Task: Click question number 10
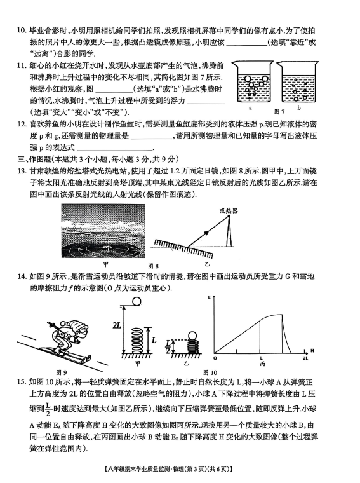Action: click(x=22, y=31)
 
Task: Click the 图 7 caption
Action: click(x=279, y=111)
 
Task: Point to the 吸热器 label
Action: click(x=229, y=211)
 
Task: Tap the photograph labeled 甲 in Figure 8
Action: click(x=103, y=231)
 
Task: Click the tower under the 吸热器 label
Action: click(x=229, y=231)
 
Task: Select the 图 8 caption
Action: click(x=153, y=266)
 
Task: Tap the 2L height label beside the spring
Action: click(x=117, y=325)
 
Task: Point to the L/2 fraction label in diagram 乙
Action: click(x=168, y=346)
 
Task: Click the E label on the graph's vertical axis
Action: click(x=210, y=297)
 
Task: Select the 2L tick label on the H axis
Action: click(x=305, y=358)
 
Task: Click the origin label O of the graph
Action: click(x=215, y=358)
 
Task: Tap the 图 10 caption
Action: click(x=210, y=372)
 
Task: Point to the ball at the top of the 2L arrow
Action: click(x=137, y=302)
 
